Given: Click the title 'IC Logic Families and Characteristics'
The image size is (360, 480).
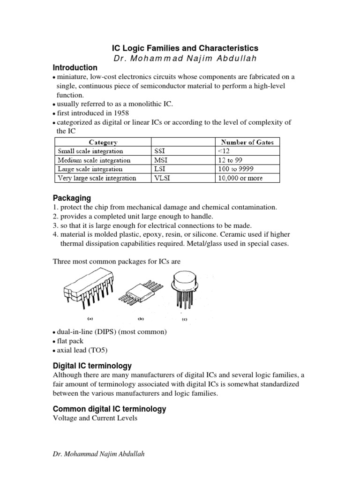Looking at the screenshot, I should (x=184, y=48).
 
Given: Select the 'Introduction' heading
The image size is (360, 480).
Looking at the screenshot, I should (x=75, y=67).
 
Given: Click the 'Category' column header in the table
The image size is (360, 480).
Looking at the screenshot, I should (x=103, y=142).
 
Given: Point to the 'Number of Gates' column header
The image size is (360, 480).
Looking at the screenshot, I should (x=247, y=142).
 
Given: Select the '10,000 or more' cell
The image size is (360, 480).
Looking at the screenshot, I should (x=240, y=178).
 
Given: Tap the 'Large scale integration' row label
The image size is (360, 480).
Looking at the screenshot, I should (x=90, y=169).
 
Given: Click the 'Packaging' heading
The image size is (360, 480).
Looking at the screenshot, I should (x=71, y=198).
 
